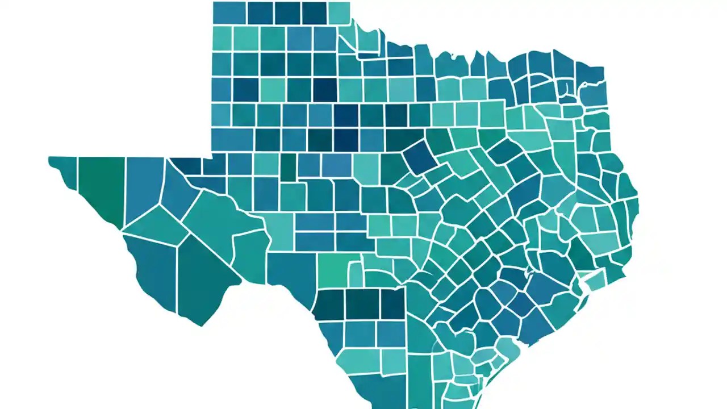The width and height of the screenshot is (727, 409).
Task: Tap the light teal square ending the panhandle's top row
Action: pos(339,13)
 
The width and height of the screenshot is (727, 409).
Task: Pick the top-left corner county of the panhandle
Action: pos(229,13)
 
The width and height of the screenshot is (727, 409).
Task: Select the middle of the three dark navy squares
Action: pos(362,303)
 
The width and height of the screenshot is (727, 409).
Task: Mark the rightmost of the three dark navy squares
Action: pos(392,303)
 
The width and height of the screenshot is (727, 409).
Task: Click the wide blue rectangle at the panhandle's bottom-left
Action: pos(232,139)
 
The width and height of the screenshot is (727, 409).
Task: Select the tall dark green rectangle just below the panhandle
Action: pos(288,166)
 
